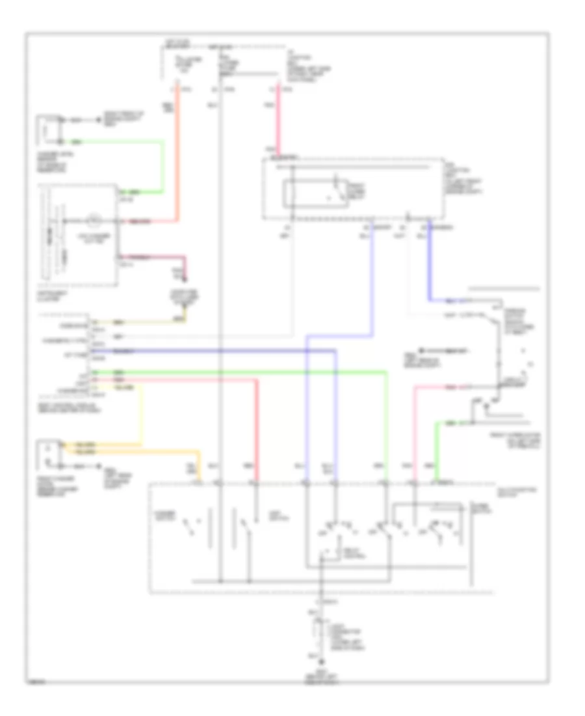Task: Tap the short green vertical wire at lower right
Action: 435,449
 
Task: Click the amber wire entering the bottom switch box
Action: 169,450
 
